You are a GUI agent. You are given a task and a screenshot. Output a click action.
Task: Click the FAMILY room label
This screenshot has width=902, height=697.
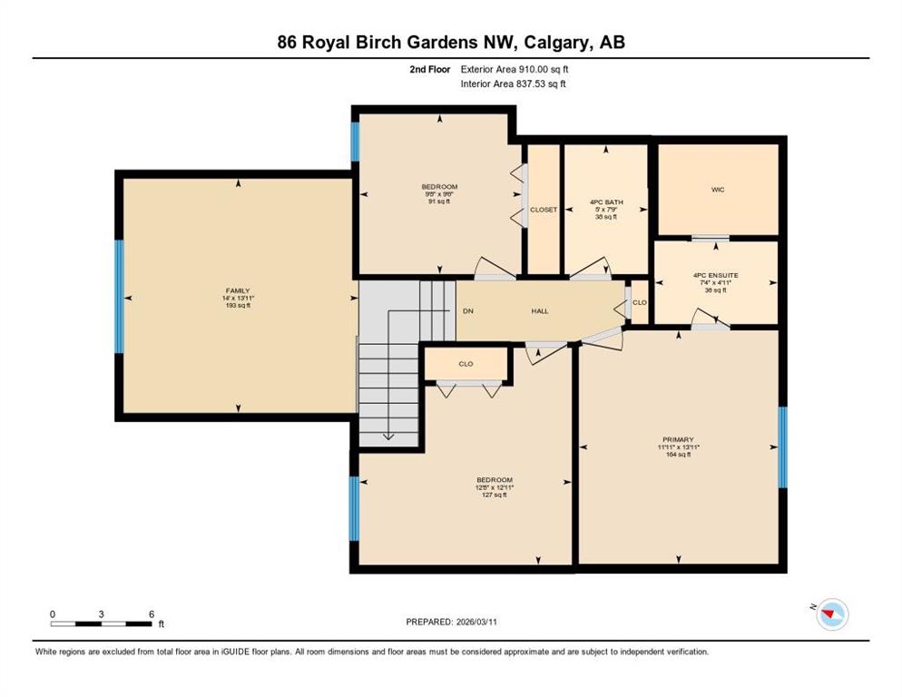(x=238, y=290)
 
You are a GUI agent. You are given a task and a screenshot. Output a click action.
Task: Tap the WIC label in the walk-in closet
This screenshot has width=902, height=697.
(x=718, y=190)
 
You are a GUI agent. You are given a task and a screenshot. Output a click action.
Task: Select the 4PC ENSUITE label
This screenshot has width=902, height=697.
(x=716, y=275)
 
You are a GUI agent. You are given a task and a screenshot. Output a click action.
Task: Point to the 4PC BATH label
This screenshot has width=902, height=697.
(x=606, y=202)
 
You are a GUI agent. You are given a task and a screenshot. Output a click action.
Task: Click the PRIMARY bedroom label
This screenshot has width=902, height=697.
(x=678, y=439)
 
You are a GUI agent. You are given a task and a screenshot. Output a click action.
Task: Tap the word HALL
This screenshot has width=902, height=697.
(x=540, y=310)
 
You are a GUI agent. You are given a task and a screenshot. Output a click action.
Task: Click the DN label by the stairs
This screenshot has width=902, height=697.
(x=468, y=310)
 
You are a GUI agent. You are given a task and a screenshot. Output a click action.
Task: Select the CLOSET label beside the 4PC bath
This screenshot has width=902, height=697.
(x=544, y=210)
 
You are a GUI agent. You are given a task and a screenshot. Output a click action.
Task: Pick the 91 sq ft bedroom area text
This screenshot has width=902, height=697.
(x=439, y=201)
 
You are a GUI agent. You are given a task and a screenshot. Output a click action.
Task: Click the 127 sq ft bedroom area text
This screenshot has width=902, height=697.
(x=495, y=495)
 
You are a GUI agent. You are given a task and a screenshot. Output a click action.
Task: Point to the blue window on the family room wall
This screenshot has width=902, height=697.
(x=119, y=296)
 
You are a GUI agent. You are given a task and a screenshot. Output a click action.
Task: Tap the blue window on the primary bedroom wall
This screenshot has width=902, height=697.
(x=782, y=447)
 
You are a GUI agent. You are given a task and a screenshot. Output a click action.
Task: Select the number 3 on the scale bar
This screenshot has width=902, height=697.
(x=102, y=614)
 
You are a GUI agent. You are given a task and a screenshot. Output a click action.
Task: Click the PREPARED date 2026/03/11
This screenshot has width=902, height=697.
(x=476, y=622)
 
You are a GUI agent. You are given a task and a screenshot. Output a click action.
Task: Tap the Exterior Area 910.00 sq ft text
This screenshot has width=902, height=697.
(x=515, y=69)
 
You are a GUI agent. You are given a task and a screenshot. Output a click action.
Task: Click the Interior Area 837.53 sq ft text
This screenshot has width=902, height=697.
(x=513, y=83)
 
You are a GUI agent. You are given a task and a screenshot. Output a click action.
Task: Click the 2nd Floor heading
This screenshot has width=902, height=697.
(x=430, y=69)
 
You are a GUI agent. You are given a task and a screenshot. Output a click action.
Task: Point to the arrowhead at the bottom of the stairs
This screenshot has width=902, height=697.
(x=388, y=437)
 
